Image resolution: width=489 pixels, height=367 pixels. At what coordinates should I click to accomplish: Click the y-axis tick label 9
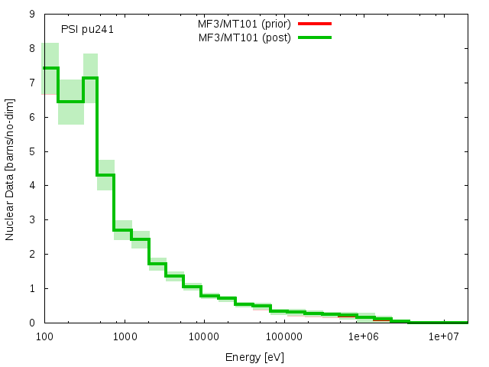(31, 14)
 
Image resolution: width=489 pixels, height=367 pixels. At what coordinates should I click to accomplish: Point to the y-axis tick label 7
(31, 83)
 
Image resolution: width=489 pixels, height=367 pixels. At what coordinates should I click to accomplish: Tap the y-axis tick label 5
(31, 151)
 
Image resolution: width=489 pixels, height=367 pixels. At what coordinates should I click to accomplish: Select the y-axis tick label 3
(31, 220)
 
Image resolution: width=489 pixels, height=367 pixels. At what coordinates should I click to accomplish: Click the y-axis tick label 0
(31, 323)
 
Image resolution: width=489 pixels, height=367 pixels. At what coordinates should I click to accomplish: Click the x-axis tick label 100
(44, 336)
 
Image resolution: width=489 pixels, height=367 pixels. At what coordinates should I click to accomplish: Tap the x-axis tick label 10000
(202, 336)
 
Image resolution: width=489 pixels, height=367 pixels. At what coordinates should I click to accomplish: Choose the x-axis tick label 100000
(283, 336)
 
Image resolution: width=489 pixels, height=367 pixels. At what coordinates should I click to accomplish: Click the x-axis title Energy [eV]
(255, 357)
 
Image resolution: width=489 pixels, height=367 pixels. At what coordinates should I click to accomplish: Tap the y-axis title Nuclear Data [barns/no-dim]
(10, 168)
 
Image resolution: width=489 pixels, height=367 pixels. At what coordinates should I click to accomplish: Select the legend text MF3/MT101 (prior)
(244, 24)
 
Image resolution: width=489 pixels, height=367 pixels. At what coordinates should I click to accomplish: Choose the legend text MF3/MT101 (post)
(244, 37)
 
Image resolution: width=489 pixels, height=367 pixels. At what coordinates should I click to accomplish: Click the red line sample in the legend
(316, 24)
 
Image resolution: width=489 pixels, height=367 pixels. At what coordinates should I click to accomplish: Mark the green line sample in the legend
(316, 37)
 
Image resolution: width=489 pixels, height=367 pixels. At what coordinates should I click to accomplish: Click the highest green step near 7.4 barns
(50, 68)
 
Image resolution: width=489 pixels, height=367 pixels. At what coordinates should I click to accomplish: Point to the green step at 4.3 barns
(105, 175)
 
